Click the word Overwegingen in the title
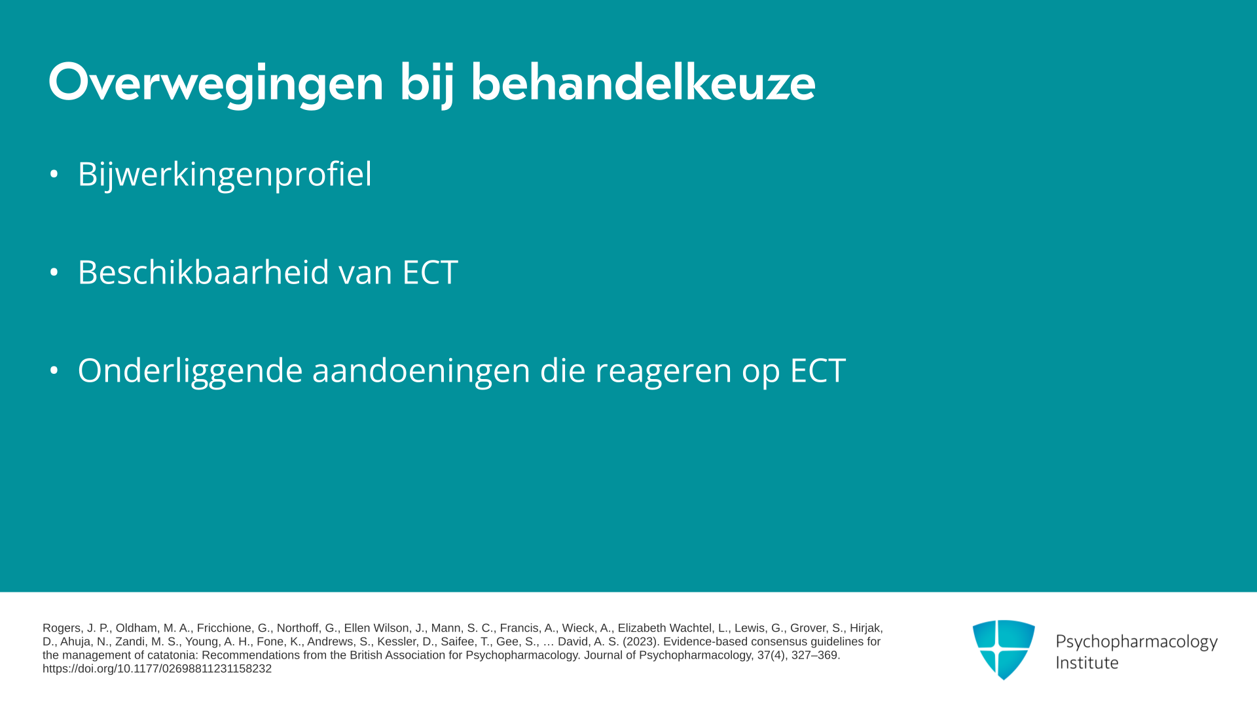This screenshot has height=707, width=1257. [216, 84]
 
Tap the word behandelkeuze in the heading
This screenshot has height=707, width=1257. [643, 82]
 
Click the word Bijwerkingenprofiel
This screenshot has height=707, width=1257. [225, 174]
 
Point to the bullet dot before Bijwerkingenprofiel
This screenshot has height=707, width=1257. [54, 174]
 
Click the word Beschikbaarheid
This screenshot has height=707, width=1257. [204, 272]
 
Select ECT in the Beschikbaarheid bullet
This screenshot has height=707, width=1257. [430, 272]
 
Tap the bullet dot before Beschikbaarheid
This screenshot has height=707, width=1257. [54, 272]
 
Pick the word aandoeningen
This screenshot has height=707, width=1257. [422, 371]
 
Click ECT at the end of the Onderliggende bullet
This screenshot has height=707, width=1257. [818, 371]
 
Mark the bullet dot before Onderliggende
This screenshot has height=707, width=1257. [54, 371]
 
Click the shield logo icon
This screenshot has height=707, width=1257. [1004, 649]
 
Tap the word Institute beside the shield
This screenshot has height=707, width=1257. [1087, 662]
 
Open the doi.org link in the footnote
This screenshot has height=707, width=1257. [157, 669]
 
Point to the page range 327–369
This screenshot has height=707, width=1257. [814, 655]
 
